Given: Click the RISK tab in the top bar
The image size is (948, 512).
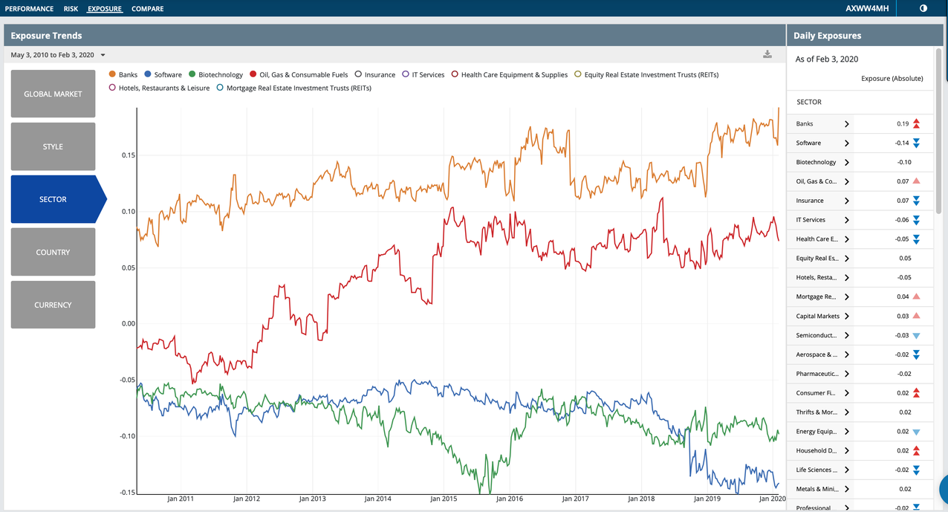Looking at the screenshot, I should pyautogui.click(x=71, y=9).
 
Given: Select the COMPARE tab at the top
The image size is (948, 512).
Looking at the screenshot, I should pyautogui.click(x=147, y=9).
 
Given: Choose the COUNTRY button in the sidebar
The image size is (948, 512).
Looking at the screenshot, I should pyautogui.click(x=53, y=252).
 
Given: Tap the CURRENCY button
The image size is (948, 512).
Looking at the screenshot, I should pyautogui.click(x=53, y=305).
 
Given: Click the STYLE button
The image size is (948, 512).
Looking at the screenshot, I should pyautogui.click(x=53, y=146).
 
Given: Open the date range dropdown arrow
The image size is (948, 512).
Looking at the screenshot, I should pyautogui.click(x=103, y=55).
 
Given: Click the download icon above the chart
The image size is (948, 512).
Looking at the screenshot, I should pyautogui.click(x=767, y=54).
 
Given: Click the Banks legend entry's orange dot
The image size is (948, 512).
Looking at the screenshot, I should pyautogui.click(x=112, y=74).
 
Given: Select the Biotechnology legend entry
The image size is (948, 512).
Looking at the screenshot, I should pyautogui.click(x=220, y=74).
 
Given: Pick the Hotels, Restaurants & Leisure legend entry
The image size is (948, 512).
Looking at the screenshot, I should pyautogui.click(x=163, y=88).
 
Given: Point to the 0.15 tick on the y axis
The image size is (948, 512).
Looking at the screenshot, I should pyautogui.click(x=128, y=155).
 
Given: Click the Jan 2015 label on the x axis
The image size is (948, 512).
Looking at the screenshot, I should pyautogui.click(x=444, y=499).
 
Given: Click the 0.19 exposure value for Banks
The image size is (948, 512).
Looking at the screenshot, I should pyautogui.click(x=903, y=124).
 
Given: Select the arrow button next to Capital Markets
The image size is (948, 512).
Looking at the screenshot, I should pyautogui.click(x=846, y=316).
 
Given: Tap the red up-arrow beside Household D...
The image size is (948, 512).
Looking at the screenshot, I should pyautogui.click(x=917, y=450).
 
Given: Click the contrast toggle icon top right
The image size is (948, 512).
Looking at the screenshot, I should pyautogui.click(x=923, y=9).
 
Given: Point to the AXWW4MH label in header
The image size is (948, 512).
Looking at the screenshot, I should pyautogui.click(x=867, y=9).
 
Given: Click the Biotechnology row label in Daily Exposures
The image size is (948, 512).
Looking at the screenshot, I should pyautogui.click(x=816, y=162).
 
